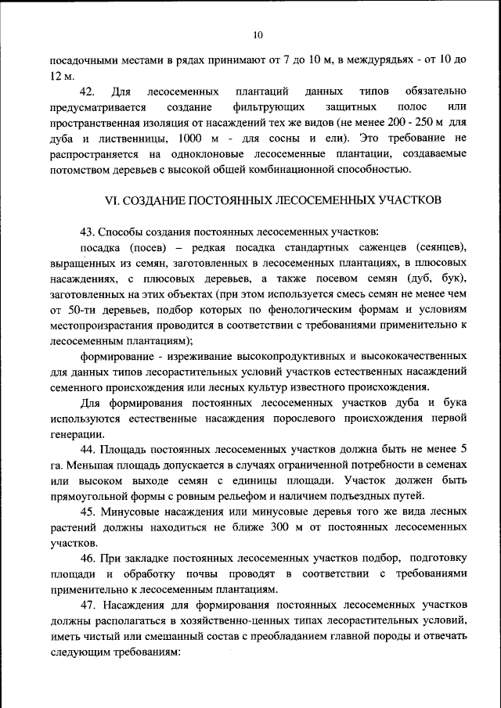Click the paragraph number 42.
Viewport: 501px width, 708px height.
click(x=88, y=92)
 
